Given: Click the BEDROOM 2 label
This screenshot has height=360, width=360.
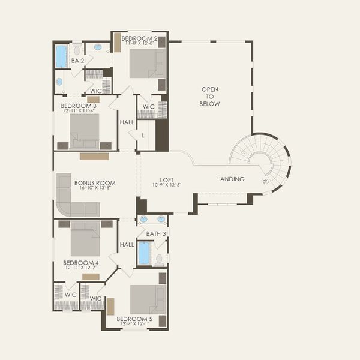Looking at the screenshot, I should pos(139,38).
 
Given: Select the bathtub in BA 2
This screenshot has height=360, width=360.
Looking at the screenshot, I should pos(61,56).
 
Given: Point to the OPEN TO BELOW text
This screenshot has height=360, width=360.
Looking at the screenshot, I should pos(209,97).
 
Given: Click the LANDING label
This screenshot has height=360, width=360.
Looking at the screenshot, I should pos(230,179).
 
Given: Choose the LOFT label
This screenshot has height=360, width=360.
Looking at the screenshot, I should pos(166,179).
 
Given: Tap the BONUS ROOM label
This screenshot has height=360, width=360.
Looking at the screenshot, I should pos(95,183).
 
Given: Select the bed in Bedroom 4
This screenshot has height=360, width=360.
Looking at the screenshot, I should pos(85,239).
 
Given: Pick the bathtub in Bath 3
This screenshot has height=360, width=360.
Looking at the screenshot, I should pos(144,253).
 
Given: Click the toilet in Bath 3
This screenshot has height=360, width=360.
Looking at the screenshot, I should pos(160,260).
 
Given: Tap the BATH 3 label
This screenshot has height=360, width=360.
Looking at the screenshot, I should pos(156,233).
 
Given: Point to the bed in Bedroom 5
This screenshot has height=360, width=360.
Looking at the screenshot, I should pos(148,299).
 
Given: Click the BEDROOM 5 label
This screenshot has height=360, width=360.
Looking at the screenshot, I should pos(134,319).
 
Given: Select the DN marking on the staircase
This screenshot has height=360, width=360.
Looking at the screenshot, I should pos(265,181).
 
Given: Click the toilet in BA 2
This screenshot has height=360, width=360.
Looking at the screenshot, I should pos(77,50).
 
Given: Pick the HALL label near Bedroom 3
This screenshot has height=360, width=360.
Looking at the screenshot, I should pos(127,122).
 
